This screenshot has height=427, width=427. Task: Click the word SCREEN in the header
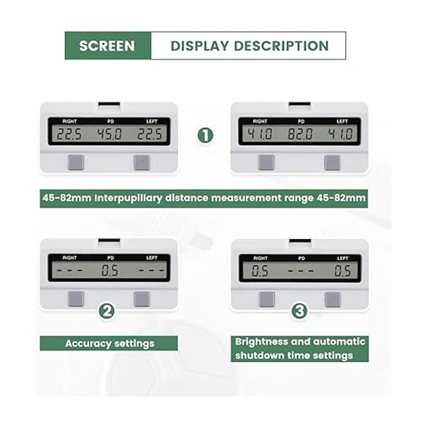click(x=107, y=46)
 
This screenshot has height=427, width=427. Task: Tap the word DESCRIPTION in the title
click(x=281, y=46)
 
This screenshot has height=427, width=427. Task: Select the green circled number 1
click(x=205, y=135)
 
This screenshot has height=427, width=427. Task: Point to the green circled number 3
click(x=300, y=311)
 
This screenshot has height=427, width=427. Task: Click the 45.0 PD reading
click(x=110, y=134)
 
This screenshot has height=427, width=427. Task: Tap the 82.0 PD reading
click(x=300, y=134)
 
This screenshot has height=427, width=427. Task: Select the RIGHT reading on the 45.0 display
click(x=69, y=134)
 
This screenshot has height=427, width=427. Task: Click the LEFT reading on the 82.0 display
click(x=340, y=134)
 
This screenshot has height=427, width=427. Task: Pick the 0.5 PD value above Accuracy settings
click(x=110, y=271)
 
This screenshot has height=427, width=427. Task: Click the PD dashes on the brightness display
click(x=301, y=271)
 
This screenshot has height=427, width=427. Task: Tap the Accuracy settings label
click(x=110, y=344)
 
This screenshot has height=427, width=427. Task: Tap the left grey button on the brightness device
click(x=267, y=299)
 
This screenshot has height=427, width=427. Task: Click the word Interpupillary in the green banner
click(x=128, y=198)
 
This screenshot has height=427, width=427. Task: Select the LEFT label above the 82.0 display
click(x=342, y=121)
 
